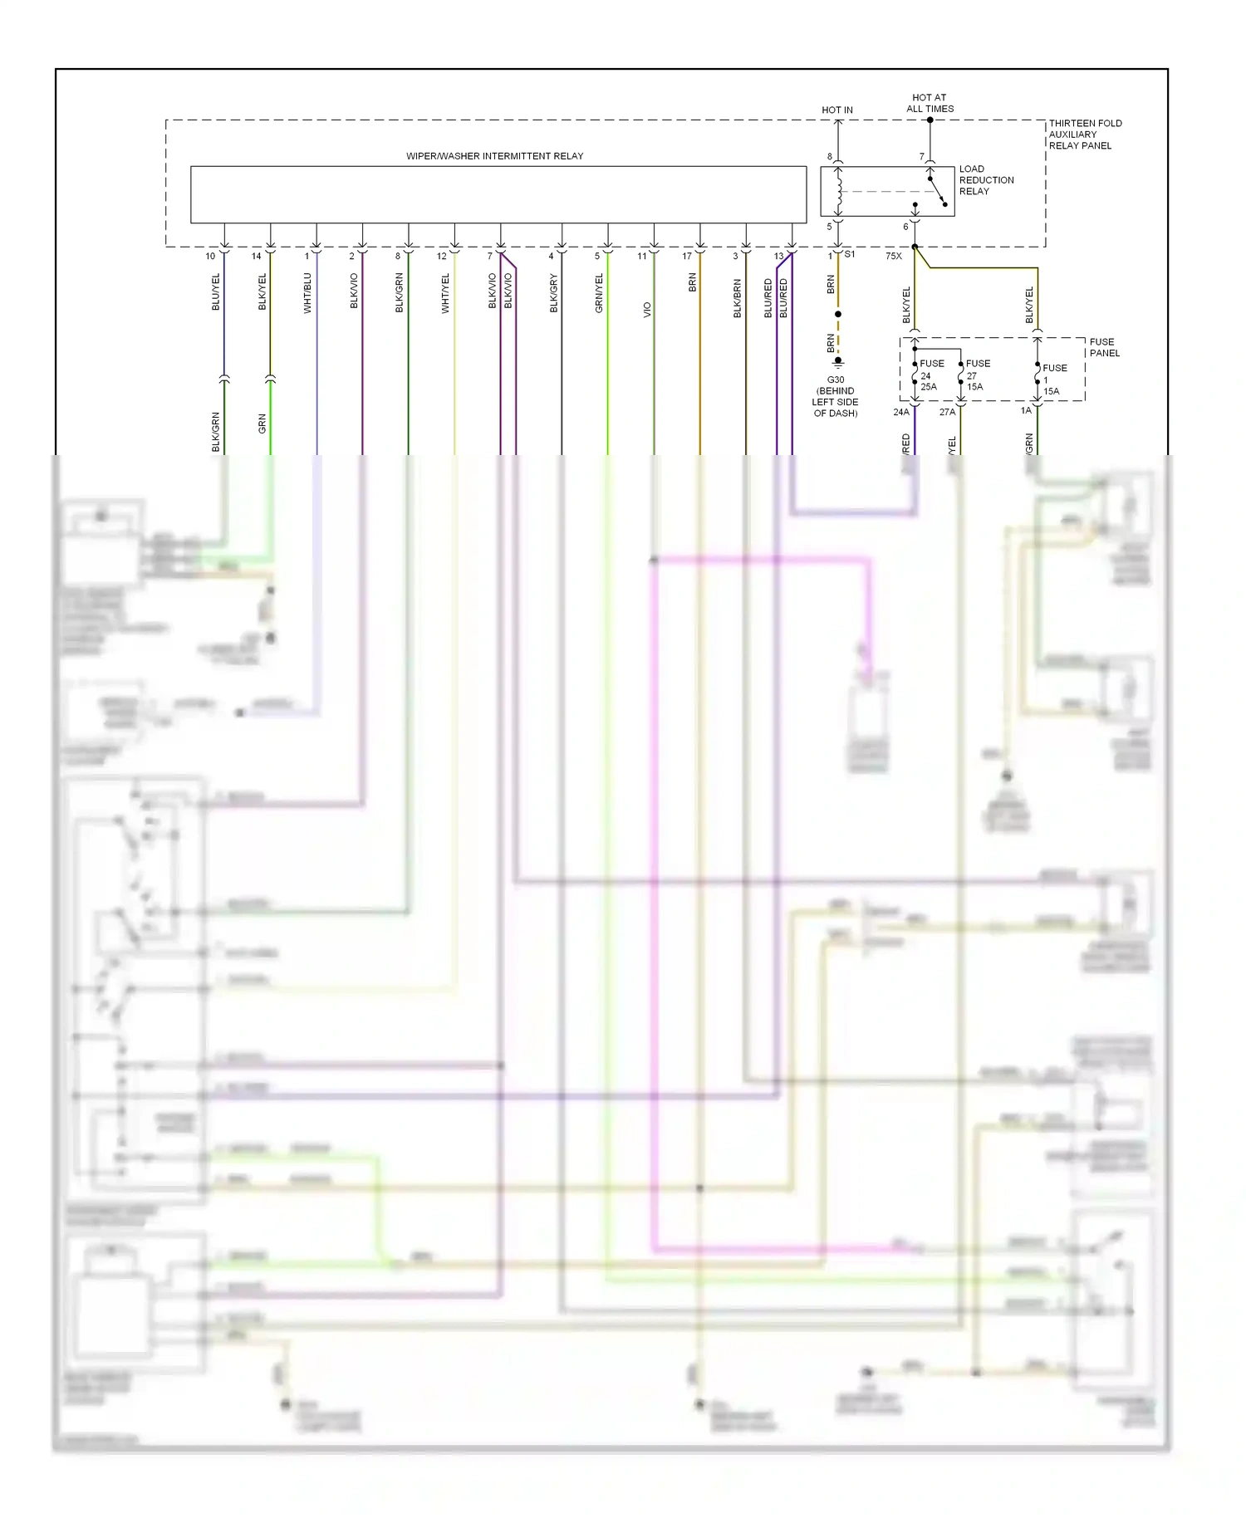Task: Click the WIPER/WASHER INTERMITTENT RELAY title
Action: tap(494, 156)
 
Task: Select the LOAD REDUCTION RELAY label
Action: tap(986, 180)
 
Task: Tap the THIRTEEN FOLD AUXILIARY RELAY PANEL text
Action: tap(1084, 135)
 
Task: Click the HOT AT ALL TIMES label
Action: tap(930, 103)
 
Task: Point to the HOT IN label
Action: tap(836, 110)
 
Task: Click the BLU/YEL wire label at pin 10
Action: tap(216, 292)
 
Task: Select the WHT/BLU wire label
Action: tap(307, 293)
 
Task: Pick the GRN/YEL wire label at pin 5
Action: tap(599, 293)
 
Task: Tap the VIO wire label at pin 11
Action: tap(647, 310)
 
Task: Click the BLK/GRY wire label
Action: tap(553, 293)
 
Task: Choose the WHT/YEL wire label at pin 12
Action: tap(445, 293)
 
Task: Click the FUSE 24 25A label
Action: tap(930, 375)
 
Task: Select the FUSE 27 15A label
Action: tap(976, 375)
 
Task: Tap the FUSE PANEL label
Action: tap(1104, 347)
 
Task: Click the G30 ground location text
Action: tap(835, 396)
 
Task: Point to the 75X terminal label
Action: tap(893, 256)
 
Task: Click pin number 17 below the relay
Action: tap(687, 256)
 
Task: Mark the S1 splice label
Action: tap(850, 254)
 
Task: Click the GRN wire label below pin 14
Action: tap(262, 424)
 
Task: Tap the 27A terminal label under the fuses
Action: tap(947, 412)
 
